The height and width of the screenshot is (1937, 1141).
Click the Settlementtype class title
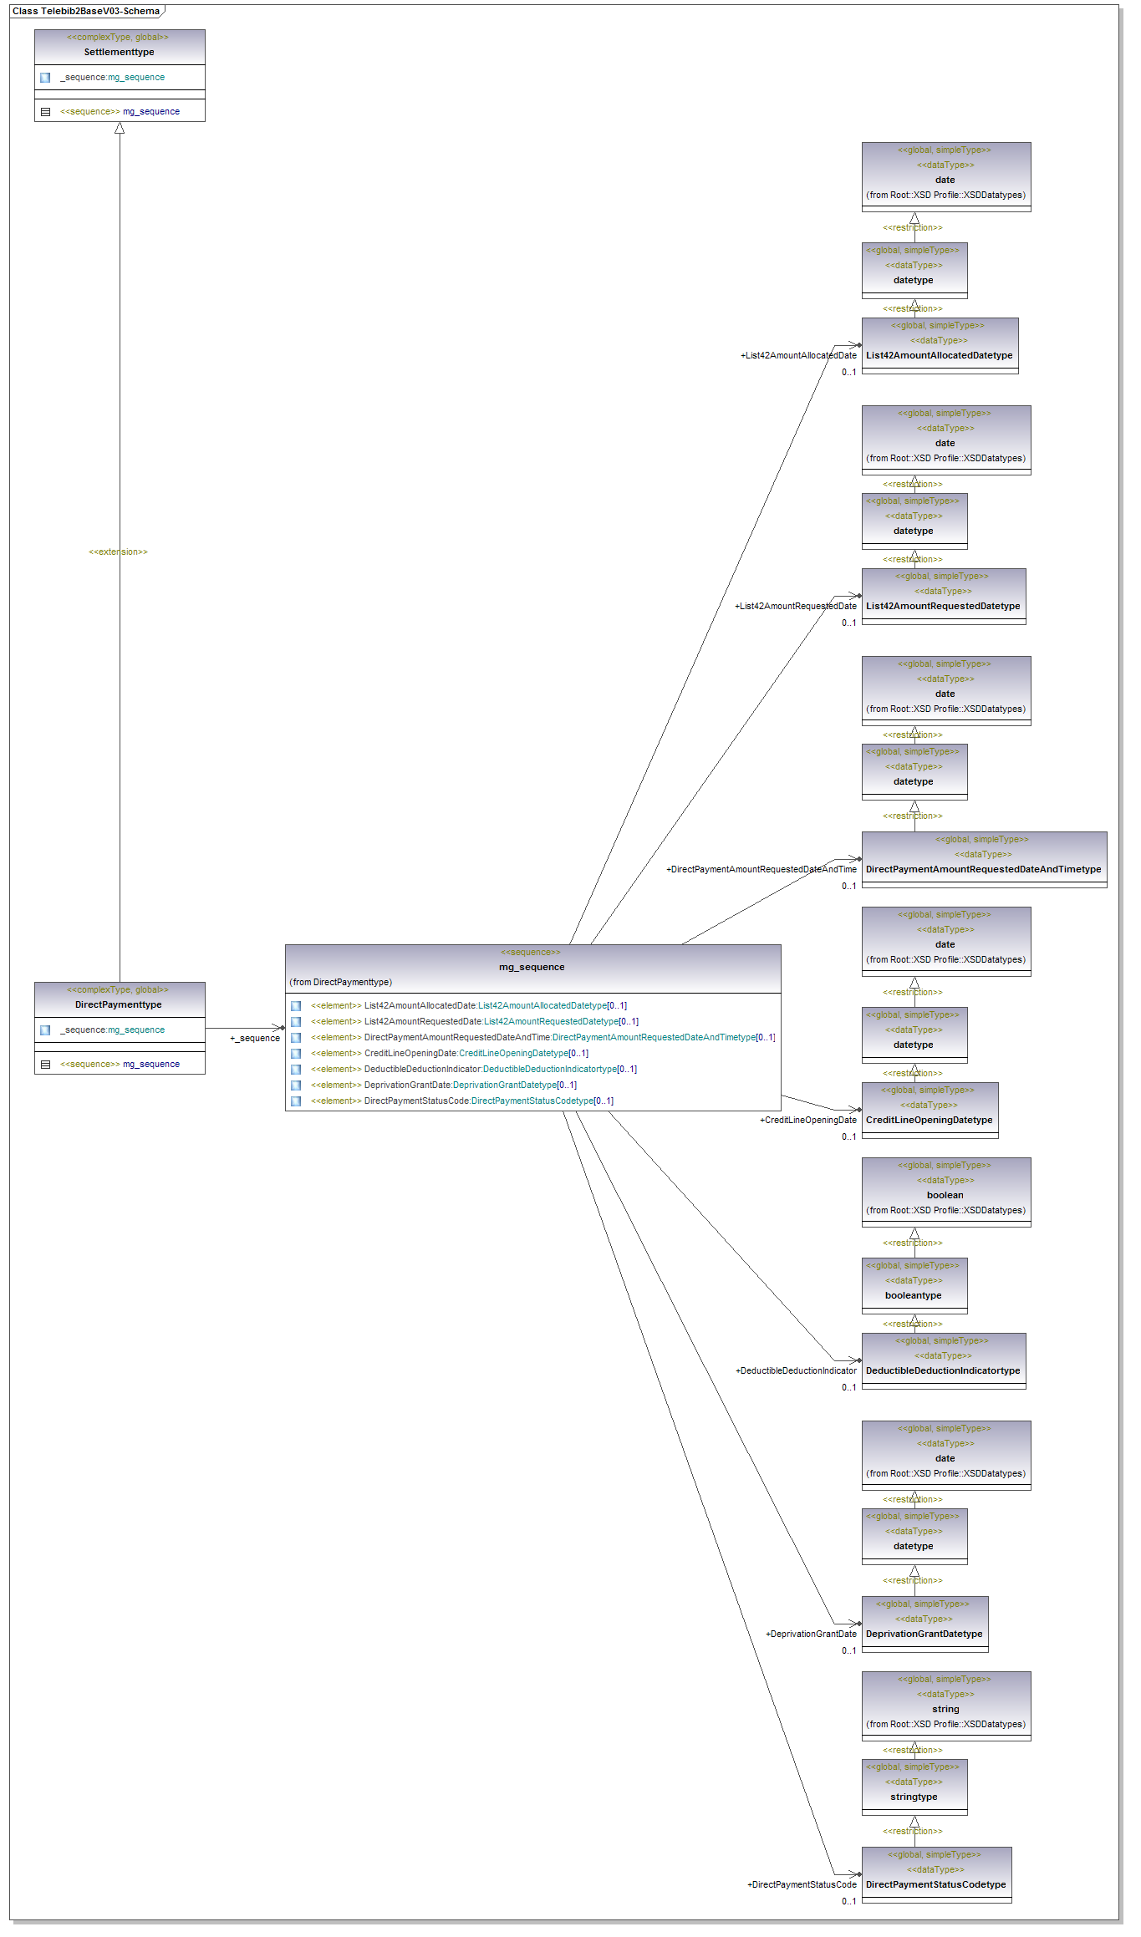[119, 52]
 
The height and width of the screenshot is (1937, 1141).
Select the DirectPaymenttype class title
[118, 1004]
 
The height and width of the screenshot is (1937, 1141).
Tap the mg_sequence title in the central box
[532, 967]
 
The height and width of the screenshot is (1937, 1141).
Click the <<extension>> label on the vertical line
[118, 552]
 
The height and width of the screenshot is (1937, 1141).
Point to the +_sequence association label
[255, 1038]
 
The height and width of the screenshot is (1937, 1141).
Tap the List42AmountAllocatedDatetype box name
[939, 355]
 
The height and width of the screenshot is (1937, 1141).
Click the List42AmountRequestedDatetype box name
[943, 606]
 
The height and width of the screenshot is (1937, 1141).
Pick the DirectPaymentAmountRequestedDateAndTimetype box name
[983, 869]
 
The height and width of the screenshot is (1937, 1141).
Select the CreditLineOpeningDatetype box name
[929, 1120]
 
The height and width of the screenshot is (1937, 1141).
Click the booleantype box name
[913, 1295]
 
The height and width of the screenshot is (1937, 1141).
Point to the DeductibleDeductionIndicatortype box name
[943, 1370]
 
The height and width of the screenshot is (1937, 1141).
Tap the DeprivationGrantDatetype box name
[924, 1634]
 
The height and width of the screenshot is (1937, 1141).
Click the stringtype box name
[914, 1797]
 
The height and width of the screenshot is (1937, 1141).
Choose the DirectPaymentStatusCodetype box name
[935, 1884]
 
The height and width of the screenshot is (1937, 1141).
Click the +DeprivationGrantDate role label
[811, 1634]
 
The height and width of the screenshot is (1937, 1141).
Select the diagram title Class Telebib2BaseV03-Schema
[85, 11]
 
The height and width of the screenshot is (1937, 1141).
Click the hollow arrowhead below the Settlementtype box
[120, 129]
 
